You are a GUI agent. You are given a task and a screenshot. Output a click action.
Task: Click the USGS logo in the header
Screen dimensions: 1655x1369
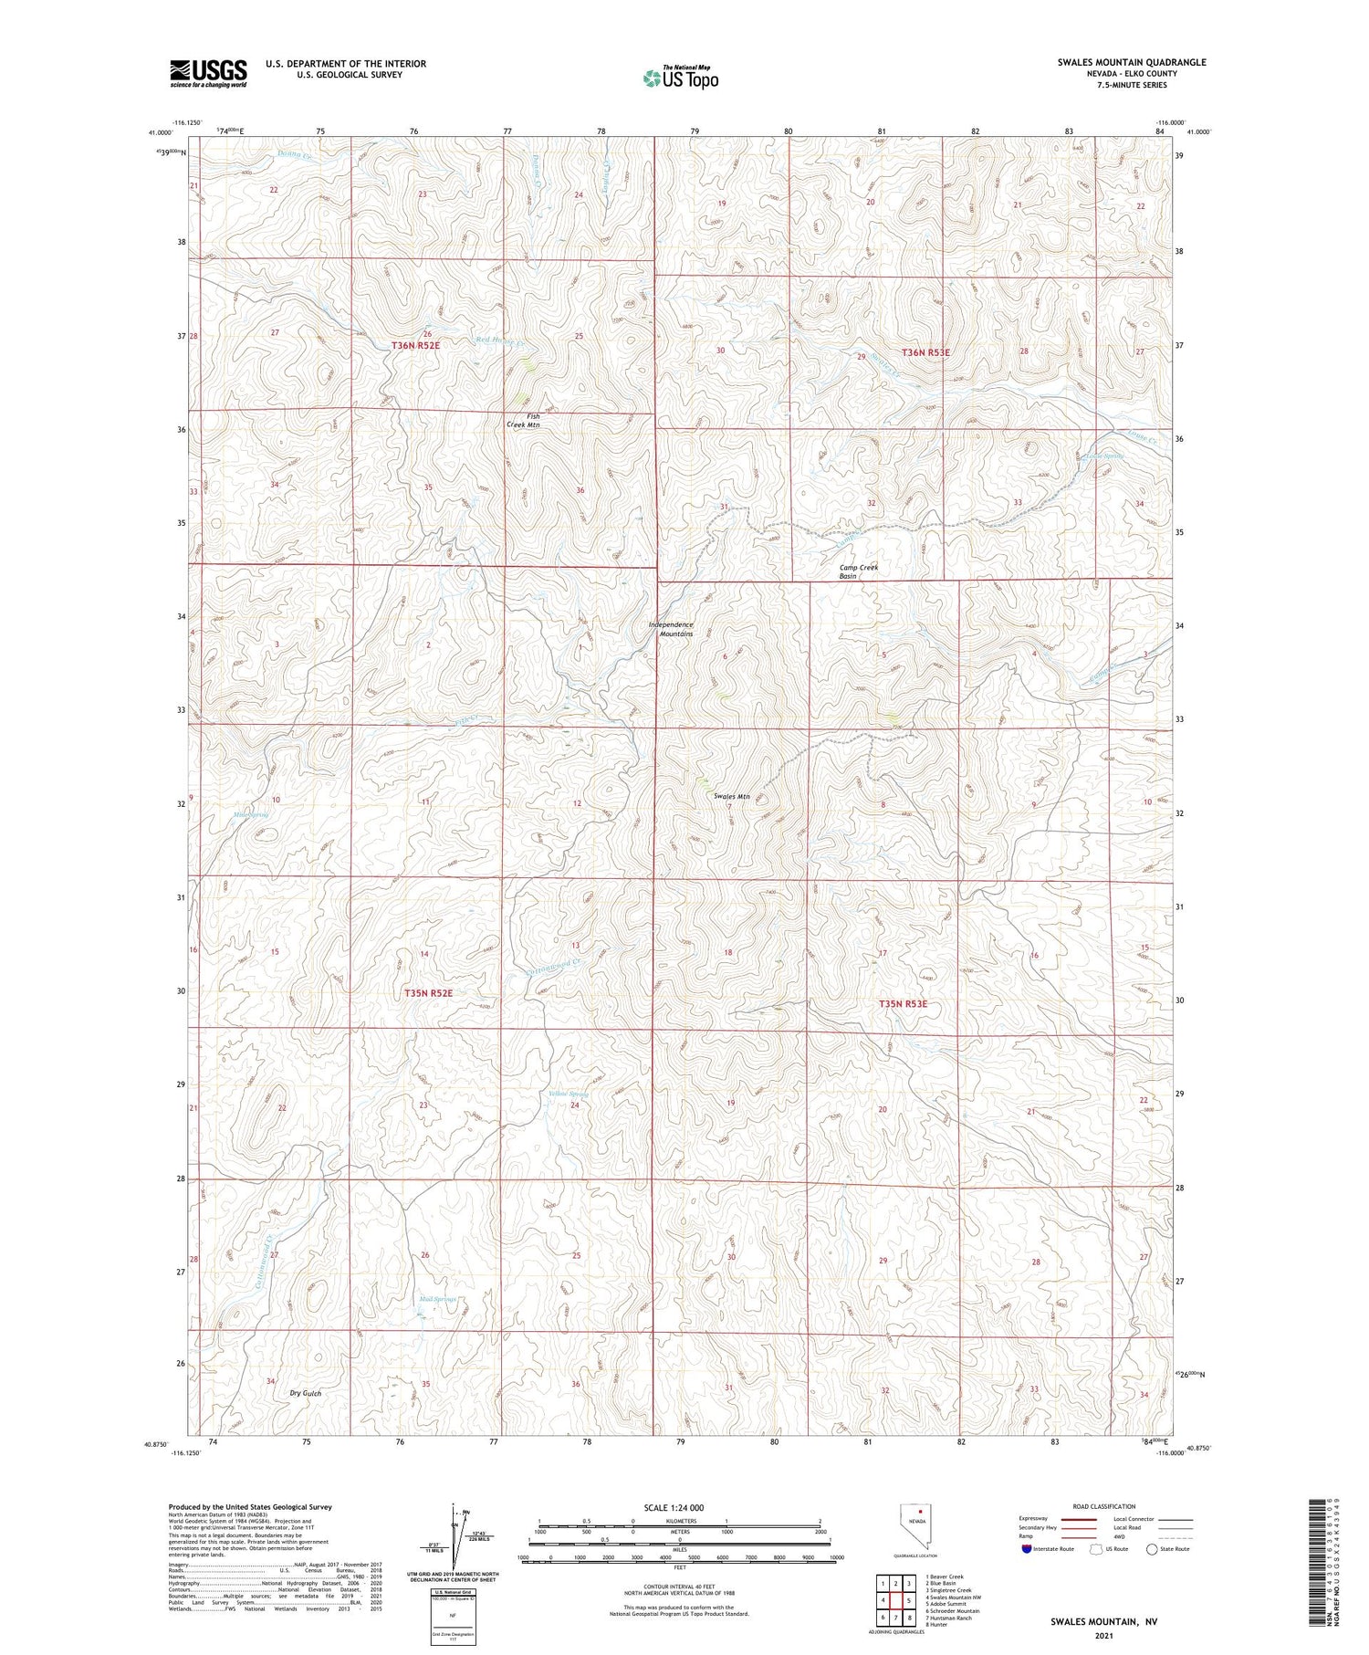point(208,73)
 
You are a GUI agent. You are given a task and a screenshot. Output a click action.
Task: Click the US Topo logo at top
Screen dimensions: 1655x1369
point(680,79)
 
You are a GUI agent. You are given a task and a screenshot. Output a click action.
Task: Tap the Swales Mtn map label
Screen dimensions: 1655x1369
point(732,797)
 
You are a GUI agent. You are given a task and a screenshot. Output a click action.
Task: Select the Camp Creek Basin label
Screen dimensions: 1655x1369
point(859,571)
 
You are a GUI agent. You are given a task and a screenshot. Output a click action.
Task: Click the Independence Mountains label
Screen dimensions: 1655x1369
point(671,629)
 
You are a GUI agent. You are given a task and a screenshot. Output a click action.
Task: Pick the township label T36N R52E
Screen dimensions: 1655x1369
point(415,345)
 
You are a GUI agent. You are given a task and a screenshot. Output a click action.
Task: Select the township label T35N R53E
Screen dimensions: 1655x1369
point(903,1004)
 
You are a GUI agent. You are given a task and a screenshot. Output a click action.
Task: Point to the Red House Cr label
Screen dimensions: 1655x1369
point(502,342)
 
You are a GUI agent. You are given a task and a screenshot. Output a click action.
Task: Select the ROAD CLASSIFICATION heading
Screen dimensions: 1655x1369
point(1104,1506)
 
